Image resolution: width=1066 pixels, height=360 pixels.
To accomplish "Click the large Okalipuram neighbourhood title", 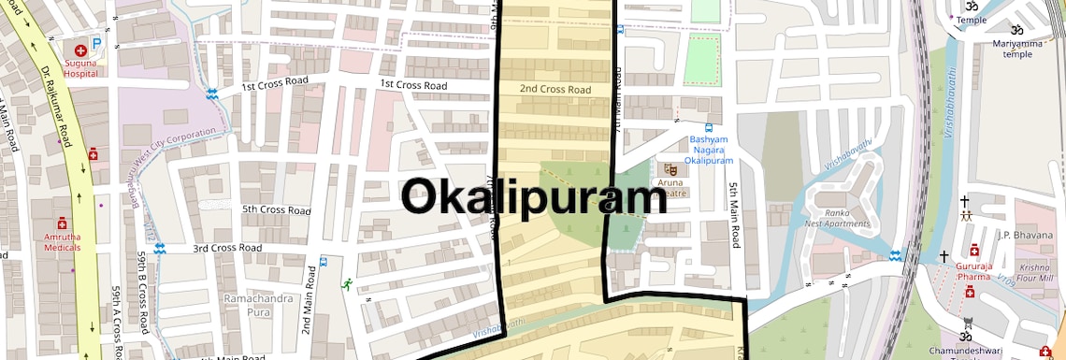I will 534,199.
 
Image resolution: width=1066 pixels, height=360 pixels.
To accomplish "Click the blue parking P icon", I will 96,45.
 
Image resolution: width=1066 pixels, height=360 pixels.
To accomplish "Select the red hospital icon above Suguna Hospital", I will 81,48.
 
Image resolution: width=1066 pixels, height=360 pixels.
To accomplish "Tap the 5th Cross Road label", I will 276,210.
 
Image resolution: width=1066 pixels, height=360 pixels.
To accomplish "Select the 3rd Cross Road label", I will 227,248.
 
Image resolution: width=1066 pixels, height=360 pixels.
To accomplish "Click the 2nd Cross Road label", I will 555,90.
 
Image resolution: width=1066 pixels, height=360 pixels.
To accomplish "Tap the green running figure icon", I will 347,282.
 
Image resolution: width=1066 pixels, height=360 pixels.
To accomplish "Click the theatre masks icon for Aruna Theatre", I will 670,169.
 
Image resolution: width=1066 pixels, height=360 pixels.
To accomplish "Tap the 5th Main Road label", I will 735,211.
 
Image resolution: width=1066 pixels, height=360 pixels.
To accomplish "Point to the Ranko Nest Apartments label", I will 838,218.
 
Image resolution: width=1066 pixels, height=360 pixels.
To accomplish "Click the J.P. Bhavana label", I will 1025,235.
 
